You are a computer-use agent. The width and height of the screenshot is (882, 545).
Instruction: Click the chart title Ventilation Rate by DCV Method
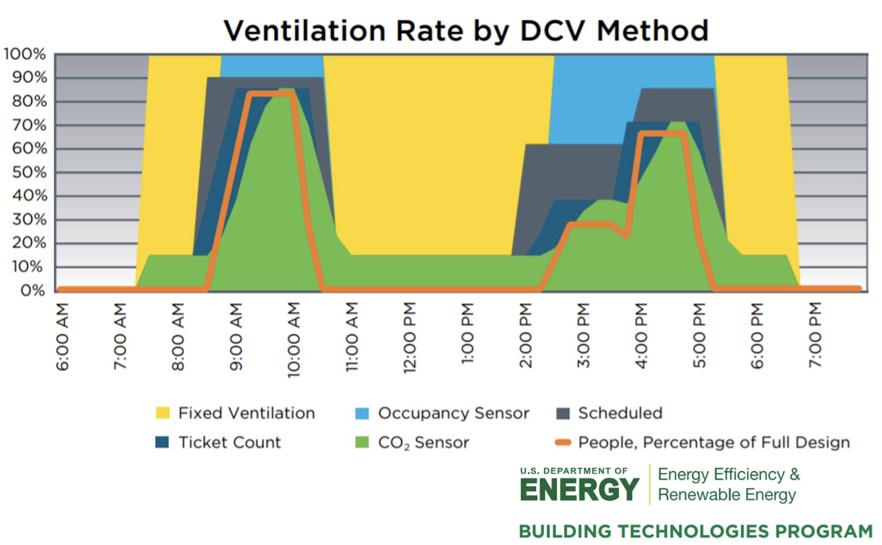pos(466,30)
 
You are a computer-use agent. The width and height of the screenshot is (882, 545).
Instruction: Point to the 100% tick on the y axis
pos(25,54)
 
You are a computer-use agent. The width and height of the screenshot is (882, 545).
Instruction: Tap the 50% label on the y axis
pos(29,172)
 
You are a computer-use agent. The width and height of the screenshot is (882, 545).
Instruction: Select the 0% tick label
pos(33,290)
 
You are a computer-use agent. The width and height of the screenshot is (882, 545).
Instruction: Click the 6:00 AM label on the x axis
pos(63,336)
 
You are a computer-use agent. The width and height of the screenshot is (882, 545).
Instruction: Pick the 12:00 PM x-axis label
pos(410,337)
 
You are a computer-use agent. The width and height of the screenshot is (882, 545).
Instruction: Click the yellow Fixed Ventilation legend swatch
pos(163,413)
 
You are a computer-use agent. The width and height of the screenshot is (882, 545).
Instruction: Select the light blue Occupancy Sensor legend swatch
pos(362,413)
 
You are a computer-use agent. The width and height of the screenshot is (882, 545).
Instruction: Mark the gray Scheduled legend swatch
pos(563,413)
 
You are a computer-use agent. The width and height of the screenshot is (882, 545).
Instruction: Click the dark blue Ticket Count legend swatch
pos(162,442)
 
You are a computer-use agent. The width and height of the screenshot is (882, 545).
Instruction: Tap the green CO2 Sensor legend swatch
pos(362,442)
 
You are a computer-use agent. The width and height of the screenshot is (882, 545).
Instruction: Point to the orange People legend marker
pos(563,442)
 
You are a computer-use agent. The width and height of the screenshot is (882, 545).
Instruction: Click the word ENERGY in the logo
pos(579,490)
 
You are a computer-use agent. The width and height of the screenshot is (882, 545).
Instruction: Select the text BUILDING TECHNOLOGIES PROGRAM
pos(695,531)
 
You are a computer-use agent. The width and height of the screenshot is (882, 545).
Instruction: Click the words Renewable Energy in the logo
pos(727,495)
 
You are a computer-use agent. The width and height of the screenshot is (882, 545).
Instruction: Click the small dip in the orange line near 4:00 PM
pos(626,234)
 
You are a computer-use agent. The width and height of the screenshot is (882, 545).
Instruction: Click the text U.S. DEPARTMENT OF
pos(574,471)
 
